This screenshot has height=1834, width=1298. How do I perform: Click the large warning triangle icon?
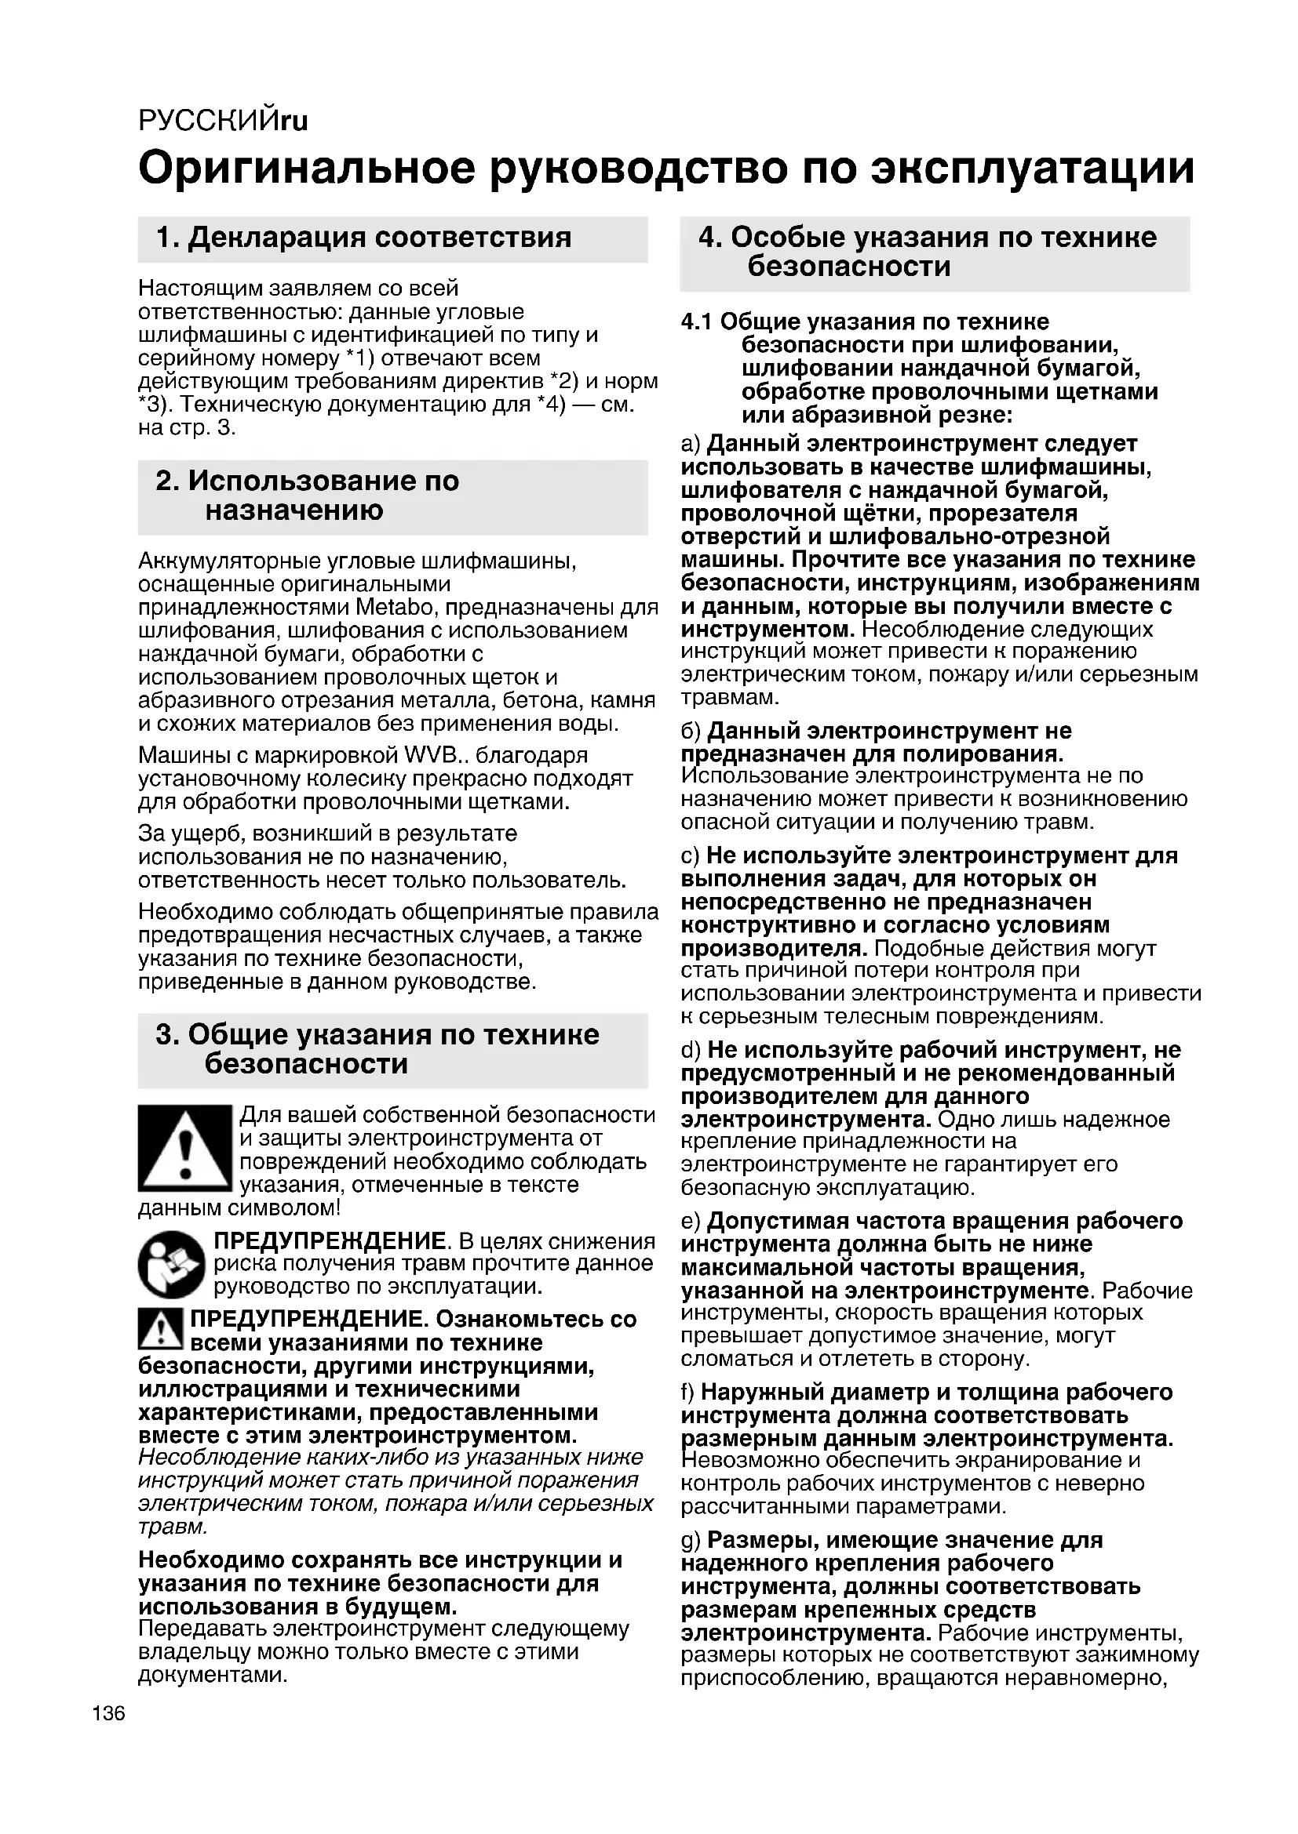[x=184, y=1149]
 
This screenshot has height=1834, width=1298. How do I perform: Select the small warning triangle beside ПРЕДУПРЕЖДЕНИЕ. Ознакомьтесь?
[x=161, y=1327]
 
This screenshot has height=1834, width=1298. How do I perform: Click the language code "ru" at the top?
[x=294, y=121]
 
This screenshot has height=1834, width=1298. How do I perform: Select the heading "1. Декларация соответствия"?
[x=363, y=238]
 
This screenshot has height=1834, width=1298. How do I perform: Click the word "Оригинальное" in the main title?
[x=307, y=169]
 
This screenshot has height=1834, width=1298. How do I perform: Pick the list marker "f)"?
[x=687, y=1393]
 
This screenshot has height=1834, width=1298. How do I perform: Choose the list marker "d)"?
[x=691, y=1050]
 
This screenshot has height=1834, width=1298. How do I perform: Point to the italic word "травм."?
[x=173, y=1527]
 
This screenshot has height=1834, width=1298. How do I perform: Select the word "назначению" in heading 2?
[x=294, y=510]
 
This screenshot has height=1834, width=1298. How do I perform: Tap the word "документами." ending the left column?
[x=213, y=1675]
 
